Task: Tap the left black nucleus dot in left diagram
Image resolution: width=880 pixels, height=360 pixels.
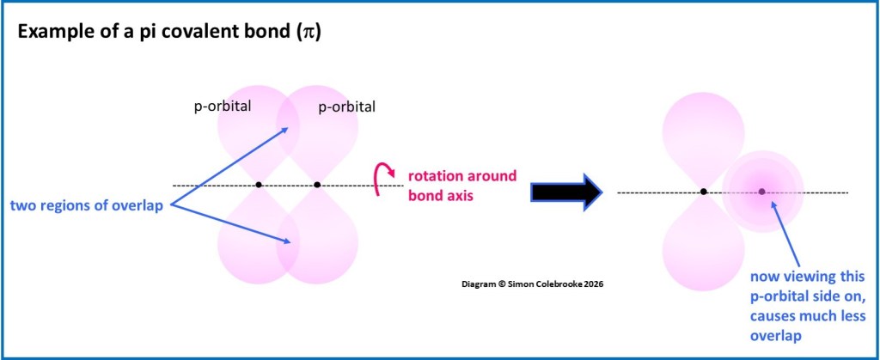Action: [259, 185]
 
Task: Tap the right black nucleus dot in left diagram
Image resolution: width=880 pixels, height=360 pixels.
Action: [317, 185]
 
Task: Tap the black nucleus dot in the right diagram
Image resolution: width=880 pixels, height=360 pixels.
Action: [704, 192]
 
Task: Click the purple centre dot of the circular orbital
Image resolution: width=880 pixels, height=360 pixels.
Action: [761, 192]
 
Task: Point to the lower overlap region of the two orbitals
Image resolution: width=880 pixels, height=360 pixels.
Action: [288, 249]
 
